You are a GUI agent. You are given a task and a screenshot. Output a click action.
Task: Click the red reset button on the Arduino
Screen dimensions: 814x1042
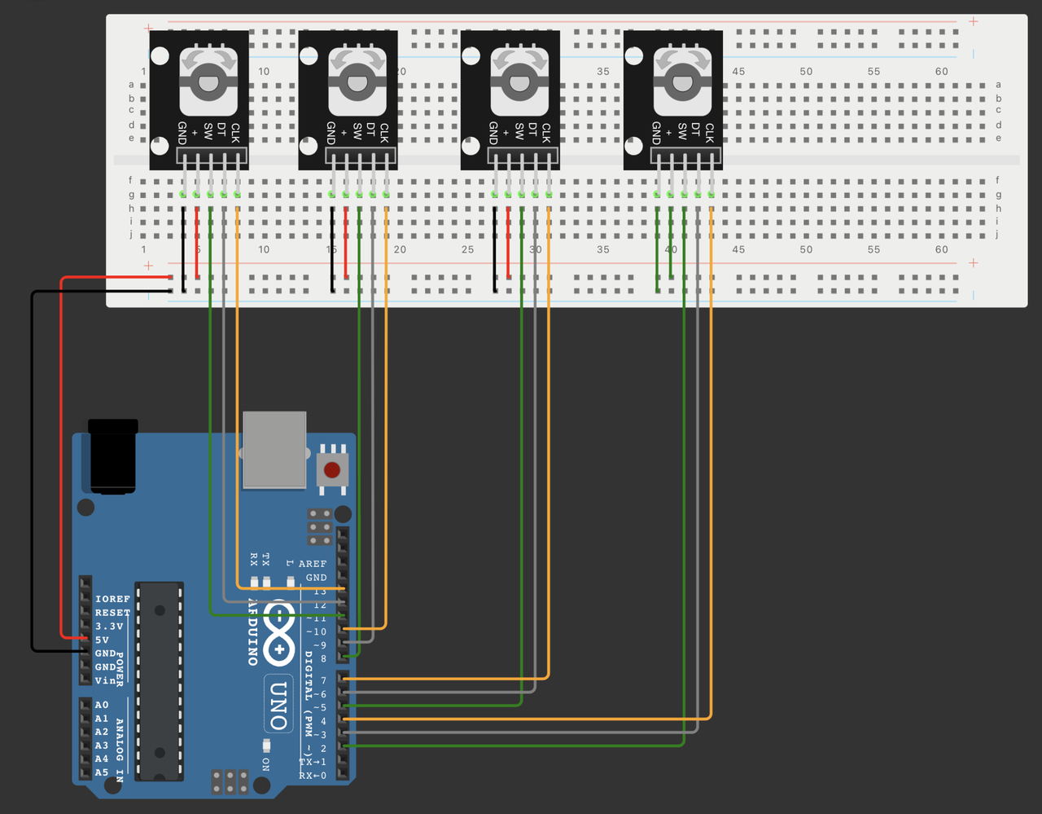pos(332,470)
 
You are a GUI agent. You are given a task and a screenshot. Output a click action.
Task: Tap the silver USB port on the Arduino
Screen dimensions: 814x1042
pos(274,449)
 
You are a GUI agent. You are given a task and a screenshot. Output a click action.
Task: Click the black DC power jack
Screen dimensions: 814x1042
pos(114,456)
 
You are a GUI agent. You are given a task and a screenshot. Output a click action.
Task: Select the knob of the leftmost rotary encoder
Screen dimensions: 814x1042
pos(208,81)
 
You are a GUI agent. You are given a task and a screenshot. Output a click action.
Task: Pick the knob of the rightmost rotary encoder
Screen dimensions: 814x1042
pos(682,81)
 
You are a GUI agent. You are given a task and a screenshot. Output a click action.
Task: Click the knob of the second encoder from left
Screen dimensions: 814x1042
pos(357,81)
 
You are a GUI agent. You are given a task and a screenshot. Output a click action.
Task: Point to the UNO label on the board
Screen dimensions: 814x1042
pos(278,704)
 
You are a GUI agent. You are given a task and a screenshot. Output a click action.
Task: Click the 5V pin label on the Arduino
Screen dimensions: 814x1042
pos(102,640)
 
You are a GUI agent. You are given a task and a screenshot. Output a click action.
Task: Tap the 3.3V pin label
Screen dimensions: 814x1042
pos(109,627)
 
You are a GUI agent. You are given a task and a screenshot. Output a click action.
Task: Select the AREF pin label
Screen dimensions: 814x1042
pos(313,564)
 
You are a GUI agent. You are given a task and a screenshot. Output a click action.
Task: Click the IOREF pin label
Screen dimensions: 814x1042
pos(112,599)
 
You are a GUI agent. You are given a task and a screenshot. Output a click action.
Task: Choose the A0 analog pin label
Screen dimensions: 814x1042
pos(102,705)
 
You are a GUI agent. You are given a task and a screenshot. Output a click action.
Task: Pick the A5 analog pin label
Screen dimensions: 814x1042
pos(102,772)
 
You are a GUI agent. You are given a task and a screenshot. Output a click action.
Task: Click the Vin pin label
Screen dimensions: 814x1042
pos(106,680)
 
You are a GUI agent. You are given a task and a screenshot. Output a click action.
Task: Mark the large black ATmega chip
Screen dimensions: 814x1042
pos(158,681)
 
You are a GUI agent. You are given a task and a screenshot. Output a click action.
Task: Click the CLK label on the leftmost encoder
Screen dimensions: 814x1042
pos(235,133)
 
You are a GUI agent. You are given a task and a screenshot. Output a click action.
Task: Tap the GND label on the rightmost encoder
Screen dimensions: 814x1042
pos(656,133)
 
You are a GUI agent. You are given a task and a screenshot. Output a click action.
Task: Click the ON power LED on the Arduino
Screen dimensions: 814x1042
pos(266,746)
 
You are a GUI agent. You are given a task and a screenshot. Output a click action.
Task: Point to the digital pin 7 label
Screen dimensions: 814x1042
pos(323,680)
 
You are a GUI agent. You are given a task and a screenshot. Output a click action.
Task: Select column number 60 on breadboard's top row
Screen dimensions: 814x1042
pos(941,72)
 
